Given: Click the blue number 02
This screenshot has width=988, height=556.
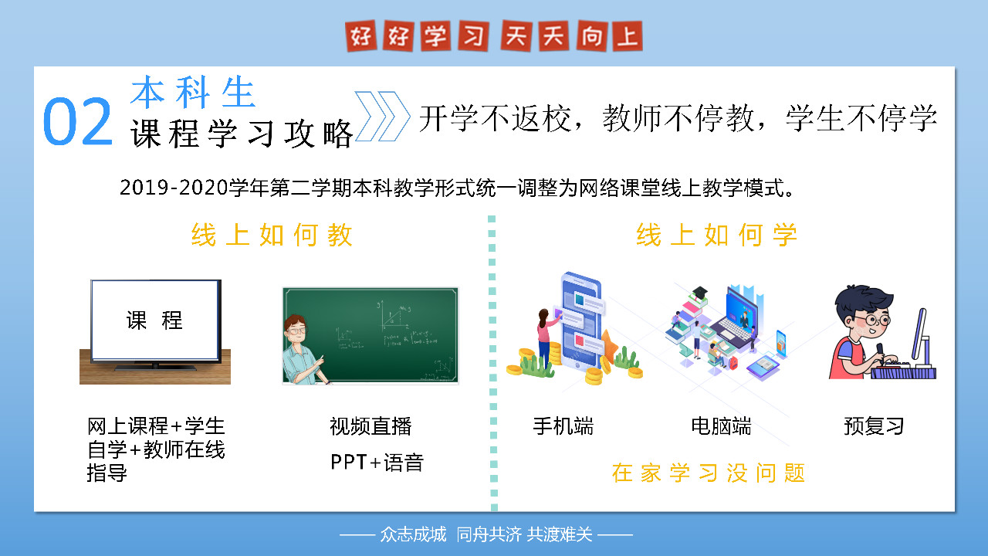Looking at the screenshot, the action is click(78, 121).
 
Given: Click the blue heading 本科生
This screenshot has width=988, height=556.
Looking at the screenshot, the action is click(193, 92).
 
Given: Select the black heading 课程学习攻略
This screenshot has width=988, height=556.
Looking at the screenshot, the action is click(242, 134).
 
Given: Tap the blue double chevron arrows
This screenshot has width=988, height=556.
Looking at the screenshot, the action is click(382, 117).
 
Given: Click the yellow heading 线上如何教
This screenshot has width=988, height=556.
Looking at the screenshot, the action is click(272, 235).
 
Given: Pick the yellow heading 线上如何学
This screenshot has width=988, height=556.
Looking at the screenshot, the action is click(717, 235).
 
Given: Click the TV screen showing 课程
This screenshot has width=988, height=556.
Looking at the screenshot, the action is click(154, 320).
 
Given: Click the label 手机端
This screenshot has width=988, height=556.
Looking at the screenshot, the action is click(563, 426).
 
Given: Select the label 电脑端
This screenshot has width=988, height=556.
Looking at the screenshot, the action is click(721, 426).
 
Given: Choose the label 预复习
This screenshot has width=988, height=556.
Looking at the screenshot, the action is click(874, 426).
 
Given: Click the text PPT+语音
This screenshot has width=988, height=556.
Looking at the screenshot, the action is click(377, 463).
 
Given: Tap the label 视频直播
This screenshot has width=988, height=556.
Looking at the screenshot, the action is click(370, 426).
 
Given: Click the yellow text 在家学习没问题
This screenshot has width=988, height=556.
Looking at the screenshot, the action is click(709, 473).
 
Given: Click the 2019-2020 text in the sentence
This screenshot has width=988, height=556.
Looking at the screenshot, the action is click(174, 188).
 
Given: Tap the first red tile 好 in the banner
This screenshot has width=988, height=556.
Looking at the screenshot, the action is click(360, 36).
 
